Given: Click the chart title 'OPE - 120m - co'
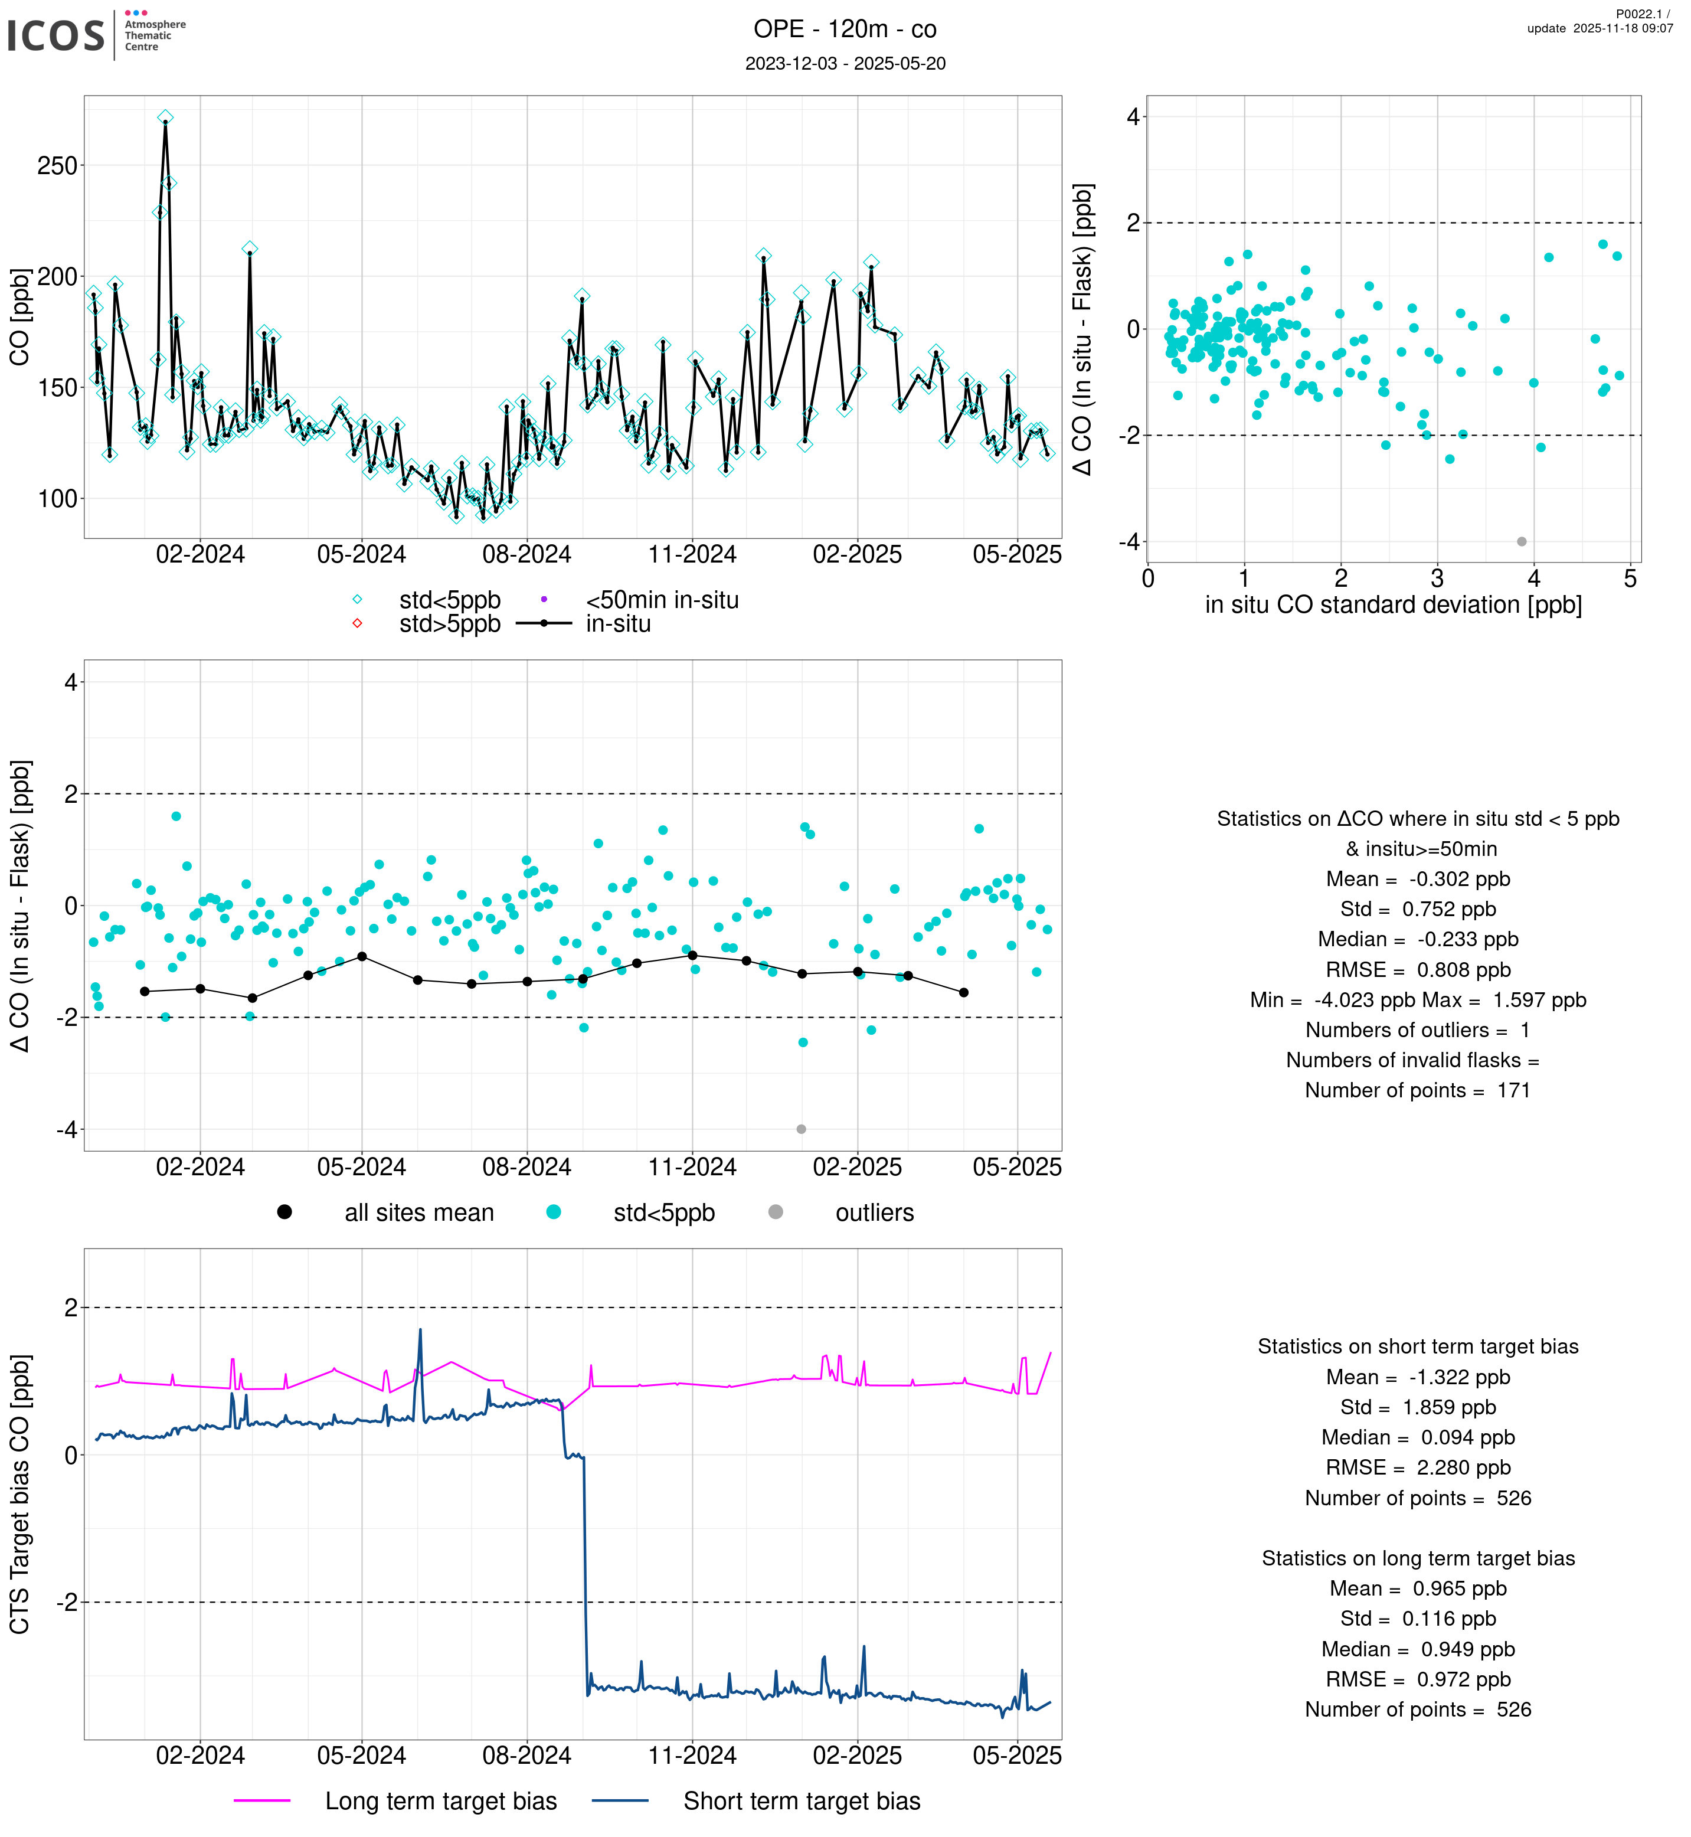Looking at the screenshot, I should (x=845, y=30).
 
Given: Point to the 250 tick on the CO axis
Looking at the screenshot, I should (x=57, y=166).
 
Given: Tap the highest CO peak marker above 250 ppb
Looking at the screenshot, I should (x=166, y=118).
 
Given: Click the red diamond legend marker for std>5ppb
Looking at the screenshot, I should (x=358, y=623).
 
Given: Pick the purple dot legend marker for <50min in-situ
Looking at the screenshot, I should (x=544, y=600).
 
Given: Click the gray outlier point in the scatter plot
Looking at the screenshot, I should (x=1522, y=542).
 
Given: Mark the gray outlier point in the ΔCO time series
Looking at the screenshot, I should (x=802, y=1129).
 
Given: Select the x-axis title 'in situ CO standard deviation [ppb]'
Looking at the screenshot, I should (x=1393, y=605).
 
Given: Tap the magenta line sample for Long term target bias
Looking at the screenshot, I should (x=263, y=1800).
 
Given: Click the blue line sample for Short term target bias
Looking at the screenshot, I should (x=620, y=1800).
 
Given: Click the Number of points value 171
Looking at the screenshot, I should (x=1513, y=1090).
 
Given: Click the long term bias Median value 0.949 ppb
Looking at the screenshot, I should (x=1468, y=1649).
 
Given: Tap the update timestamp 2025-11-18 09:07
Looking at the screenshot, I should (x=1623, y=28).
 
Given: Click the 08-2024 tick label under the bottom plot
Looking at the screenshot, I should (x=527, y=1756).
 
